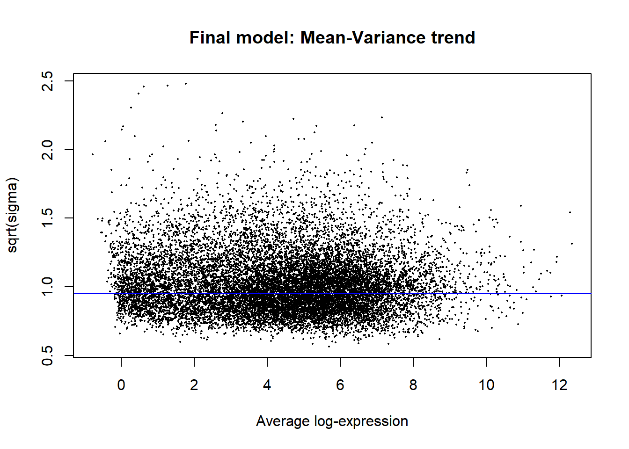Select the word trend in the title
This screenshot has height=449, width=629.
(453, 37)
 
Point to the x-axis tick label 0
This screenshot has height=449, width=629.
(121, 385)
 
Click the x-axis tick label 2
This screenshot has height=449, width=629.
(194, 385)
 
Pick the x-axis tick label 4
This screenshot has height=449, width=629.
(267, 385)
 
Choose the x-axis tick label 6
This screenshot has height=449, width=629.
(340, 385)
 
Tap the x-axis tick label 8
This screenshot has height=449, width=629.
(413, 385)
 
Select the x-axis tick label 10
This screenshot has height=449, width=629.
(486, 385)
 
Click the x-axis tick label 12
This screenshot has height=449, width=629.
(559, 385)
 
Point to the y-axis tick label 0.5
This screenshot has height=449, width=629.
(48, 355)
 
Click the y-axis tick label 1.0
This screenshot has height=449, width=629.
(48, 287)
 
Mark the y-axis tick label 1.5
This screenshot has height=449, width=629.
(48, 218)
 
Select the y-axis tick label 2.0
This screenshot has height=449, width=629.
(48, 150)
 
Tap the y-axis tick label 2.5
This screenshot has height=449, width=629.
(48, 81)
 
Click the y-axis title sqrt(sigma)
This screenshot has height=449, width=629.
(13, 215)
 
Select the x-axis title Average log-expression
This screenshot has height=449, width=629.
(332, 421)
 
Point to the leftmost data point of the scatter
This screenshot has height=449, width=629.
(93, 154)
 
